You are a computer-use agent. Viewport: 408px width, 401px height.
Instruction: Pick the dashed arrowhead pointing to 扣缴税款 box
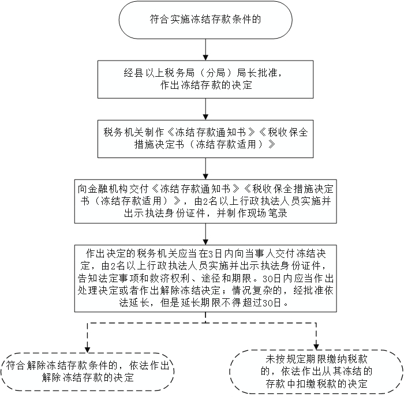(x=316, y=347)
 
